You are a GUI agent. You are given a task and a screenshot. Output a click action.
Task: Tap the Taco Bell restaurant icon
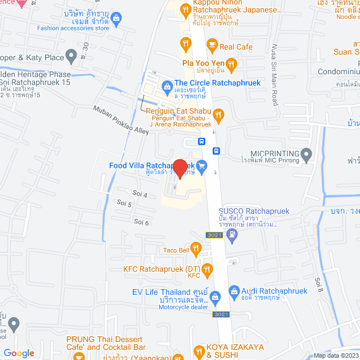click(x=196, y=247)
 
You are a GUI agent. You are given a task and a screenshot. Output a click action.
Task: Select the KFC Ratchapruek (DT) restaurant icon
click(x=207, y=269)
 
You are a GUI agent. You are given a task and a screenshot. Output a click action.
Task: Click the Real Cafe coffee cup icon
click(x=211, y=44)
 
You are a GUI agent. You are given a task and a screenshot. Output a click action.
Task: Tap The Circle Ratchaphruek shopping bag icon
click(x=166, y=86)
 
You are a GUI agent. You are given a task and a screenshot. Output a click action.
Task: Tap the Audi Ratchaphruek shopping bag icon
click(x=234, y=291)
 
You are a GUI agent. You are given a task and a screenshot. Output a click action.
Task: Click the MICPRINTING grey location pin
click(x=307, y=153)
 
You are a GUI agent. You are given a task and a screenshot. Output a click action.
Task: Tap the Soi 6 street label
click(x=142, y=222)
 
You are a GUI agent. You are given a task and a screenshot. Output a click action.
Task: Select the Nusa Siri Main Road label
click(x=275, y=75)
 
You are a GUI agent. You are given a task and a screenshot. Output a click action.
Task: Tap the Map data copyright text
click(x=335, y=355)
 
